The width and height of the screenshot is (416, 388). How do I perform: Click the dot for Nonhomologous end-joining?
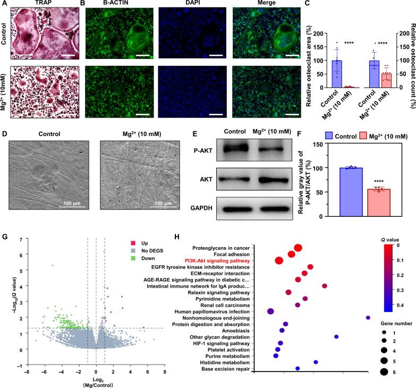(x=368, y=318)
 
